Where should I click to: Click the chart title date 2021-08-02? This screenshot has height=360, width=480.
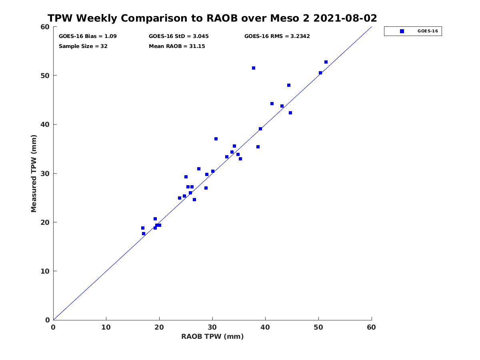click(x=345, y=18)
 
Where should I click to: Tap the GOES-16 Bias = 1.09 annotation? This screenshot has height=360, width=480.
click(x=88, y=36)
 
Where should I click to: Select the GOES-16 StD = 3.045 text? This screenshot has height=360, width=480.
click(x=179, y=36)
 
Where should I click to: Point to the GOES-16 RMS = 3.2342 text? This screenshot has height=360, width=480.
click(x=277, y=36)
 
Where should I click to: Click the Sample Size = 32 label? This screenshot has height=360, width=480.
click(x=83, y=46)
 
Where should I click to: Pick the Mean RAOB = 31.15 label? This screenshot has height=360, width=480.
click(x=177, y=46)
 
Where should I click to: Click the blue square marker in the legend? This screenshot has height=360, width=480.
click(x=402, y=31)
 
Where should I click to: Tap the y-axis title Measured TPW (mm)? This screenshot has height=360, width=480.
click(x=34, y=173)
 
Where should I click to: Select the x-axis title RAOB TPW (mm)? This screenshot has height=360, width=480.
click(x=212, y=336)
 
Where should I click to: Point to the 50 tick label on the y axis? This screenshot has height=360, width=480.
click(x=45, y=76)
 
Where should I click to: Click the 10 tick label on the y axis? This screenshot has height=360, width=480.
click(x=45, y=271)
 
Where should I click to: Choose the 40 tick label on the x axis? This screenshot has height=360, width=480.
click(x=265, y=327)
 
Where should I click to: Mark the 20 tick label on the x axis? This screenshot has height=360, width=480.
click(x=159, y=327)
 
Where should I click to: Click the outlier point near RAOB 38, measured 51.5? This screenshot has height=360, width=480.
click(x=254, y=68)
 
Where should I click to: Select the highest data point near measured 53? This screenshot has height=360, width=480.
click(x=326, y=62)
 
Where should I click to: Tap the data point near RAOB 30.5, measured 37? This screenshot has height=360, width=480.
click(x=216, y=139)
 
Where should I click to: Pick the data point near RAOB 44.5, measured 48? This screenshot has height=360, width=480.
click(x=289, y=85)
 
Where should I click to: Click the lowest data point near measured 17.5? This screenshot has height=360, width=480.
click(x=144, y=234)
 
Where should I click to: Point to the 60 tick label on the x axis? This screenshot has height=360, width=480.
click(x=371, y=327)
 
